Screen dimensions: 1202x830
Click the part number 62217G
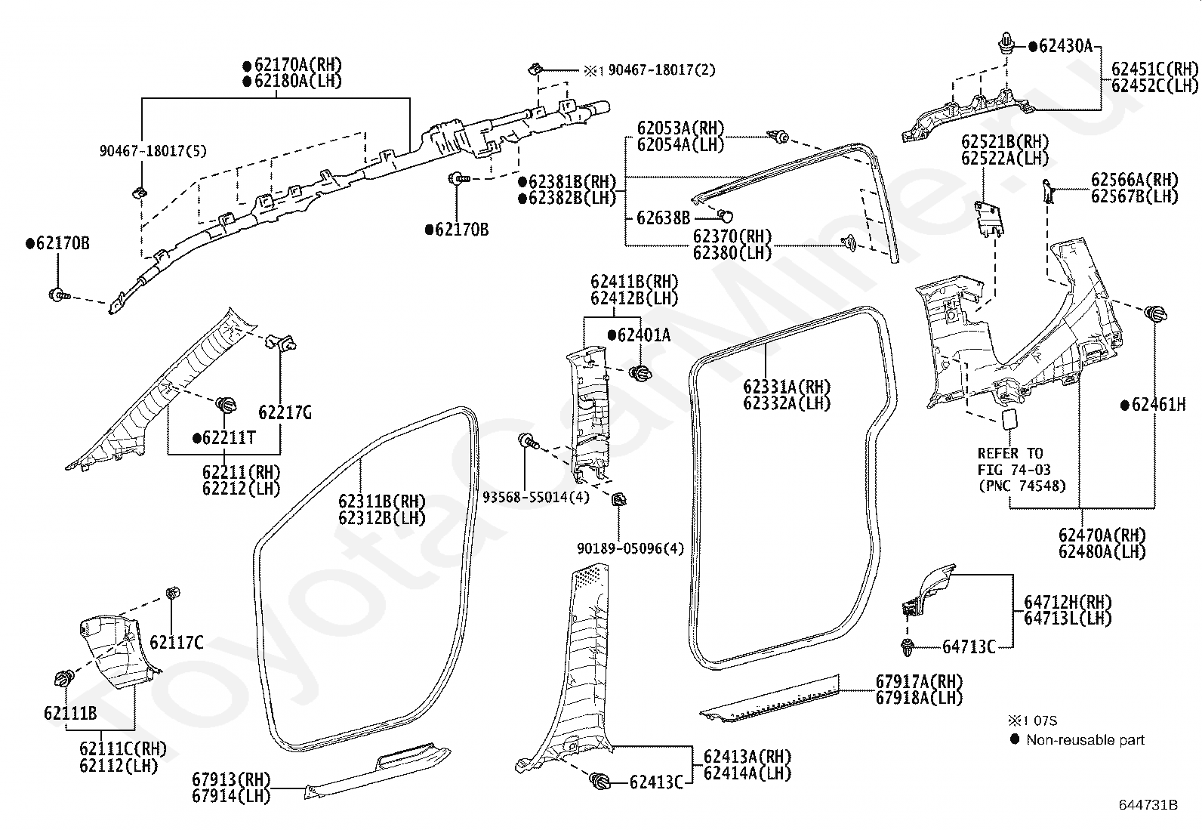pos(285,413)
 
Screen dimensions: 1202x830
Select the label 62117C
pos(177,643)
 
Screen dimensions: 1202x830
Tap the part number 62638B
pos(663,218)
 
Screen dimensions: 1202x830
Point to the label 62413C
pos(656,782)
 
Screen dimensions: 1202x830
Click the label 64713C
pos(969,647)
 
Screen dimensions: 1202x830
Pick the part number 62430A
pos(1065,46)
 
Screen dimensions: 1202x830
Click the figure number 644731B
pos(1148,805)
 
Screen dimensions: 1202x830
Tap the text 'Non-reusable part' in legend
pos(1085,740)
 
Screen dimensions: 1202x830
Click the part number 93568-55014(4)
pos(536,498)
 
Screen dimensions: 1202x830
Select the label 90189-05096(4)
pos(630,549)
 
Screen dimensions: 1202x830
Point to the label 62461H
pos(1158,405)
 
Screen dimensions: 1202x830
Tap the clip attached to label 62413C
pos(600,781)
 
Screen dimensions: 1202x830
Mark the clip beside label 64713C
pos(908,647)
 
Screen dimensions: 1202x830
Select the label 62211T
pos(229,439)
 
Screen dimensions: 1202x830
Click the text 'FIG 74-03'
pos(1014,471)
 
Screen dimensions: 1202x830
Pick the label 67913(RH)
pos(231,779)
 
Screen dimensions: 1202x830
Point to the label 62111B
pos(70,714)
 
